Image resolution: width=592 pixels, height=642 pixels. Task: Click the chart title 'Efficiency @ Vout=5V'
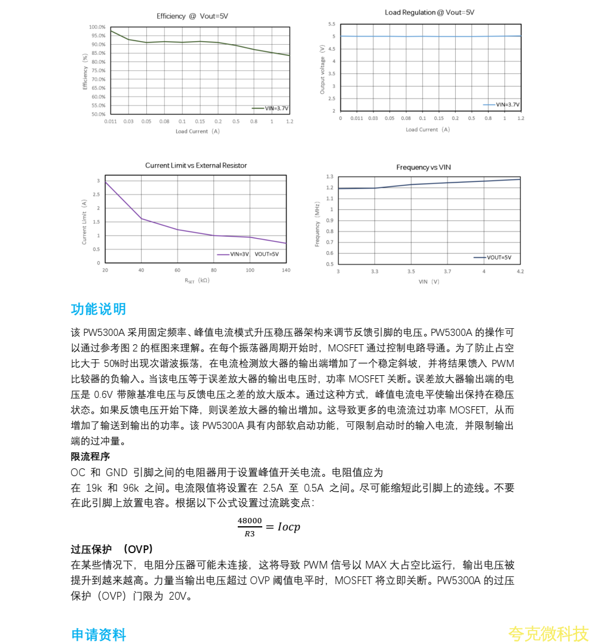click(x=192, y=16)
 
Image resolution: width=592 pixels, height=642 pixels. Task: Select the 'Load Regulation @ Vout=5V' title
click(x=430, y=12)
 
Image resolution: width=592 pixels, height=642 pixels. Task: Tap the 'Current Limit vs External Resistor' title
click(x=196, y=165)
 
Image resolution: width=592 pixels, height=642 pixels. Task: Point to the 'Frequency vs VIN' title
click(x=424, y=167)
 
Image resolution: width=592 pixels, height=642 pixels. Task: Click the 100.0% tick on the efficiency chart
click(x=97, y=27)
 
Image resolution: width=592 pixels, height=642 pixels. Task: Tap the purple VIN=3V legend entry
click(x=232, y=254)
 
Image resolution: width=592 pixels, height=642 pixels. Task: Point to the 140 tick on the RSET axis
click(x=286, y=270)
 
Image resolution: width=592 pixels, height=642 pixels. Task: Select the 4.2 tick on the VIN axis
click(x=520, y=271)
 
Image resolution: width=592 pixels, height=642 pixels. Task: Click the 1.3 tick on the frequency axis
click(x=329, y=177)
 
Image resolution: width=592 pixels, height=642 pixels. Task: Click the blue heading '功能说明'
click(x=99, y=309)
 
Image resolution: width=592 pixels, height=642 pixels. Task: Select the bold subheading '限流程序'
click(x=90, y=456)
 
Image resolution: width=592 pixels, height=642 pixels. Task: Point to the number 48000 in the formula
click(x=250, y=521)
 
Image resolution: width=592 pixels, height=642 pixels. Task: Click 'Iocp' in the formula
click(x=289, y=527)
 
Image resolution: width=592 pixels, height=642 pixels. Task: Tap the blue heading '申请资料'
click(x=99, y=635)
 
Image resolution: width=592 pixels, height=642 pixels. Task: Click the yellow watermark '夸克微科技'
click(x=548, y=634)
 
